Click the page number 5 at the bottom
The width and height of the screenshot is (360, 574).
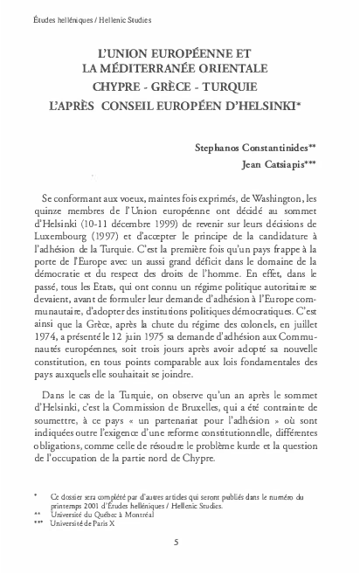click(x=176, y=542)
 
